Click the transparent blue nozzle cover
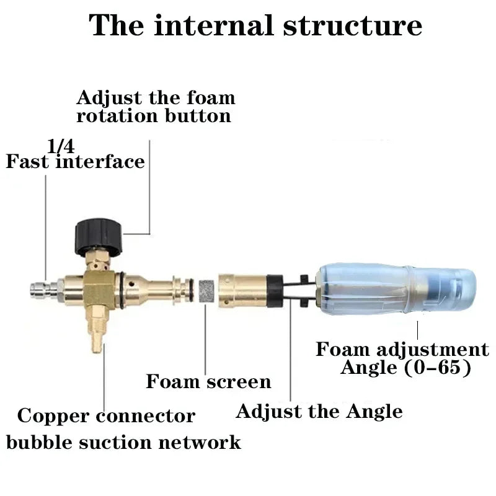point(397,288)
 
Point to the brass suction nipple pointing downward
point(97,337)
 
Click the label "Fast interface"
point(75,162)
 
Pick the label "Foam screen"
point(208,381)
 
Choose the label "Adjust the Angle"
point(319,411)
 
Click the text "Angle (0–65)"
point(405,368)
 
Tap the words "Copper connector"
point(106,415)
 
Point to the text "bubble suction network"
point(123,443)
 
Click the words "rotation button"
point(153,116)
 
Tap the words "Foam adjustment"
point(402,349)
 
